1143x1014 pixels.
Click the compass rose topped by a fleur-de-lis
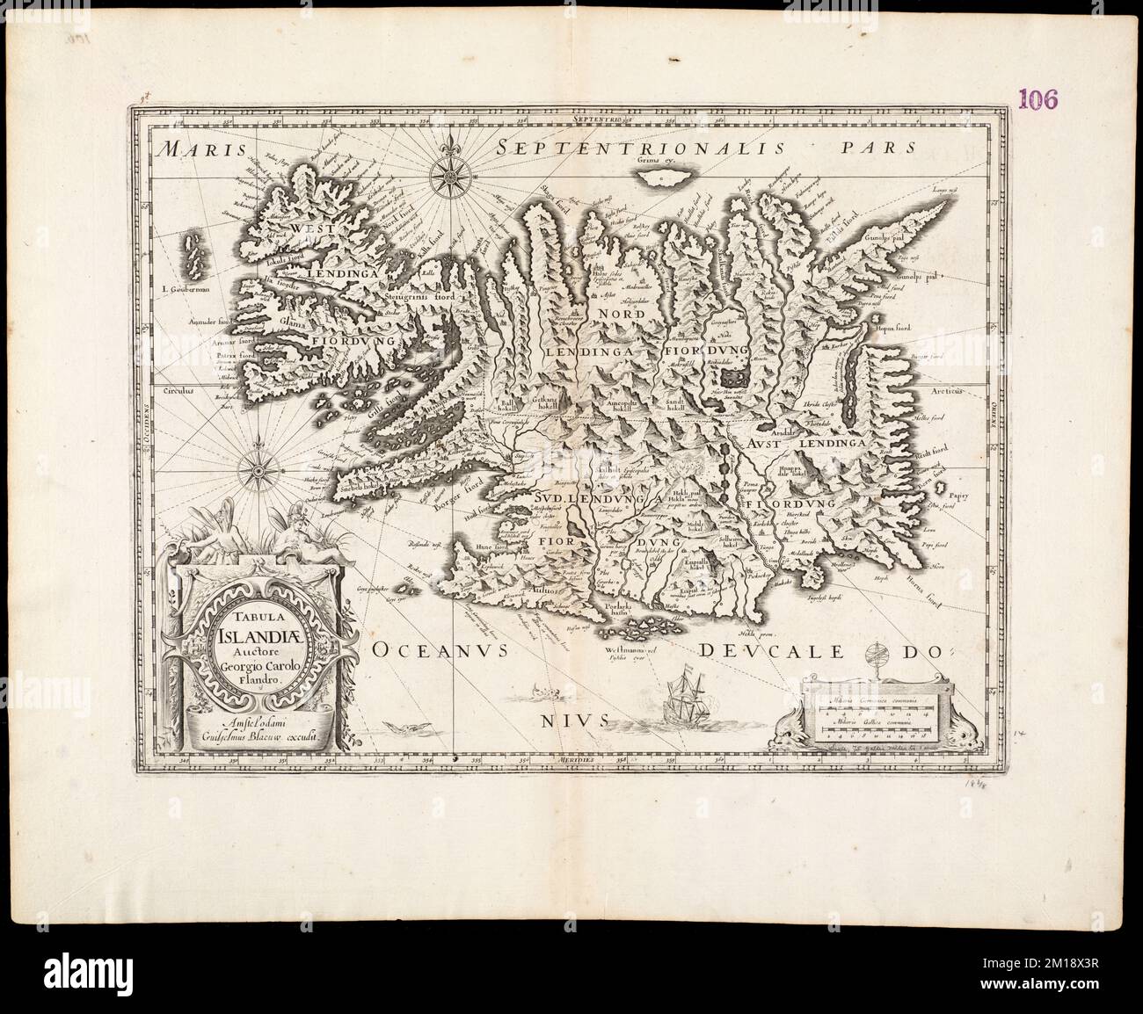click(x=448, y=170)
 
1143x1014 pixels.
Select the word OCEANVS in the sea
click(x=441, y=651)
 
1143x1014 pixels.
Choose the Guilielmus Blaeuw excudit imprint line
click(x=254, y=739)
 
